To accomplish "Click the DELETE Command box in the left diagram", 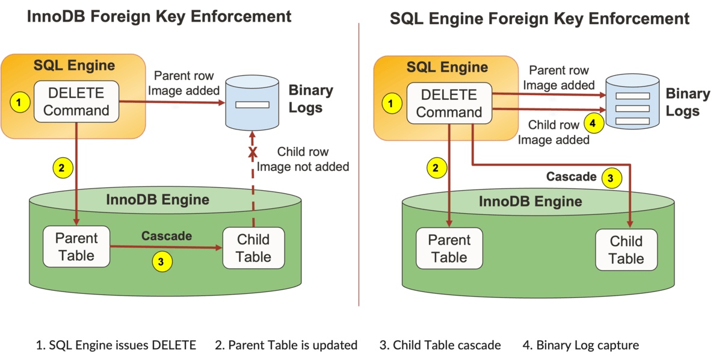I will pyautogui.click(x=76, y=102).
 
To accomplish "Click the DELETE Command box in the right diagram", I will pyautogui.click(x=449, y=104).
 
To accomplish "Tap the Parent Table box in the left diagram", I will pyautogui.click(x=76, y=246).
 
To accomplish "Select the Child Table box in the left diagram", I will pyautogui.click(x=253, y=248).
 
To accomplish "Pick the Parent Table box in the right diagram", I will pyautogui.click(x=449, y=248).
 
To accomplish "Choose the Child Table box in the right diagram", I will pyautogui.click(x=626, y=250).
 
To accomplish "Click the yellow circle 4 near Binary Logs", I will pyautogui.click(x=593, y=123).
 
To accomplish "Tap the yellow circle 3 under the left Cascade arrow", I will pyautogui.click(x=160, y=261).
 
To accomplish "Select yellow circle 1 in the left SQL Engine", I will pyautogui.click(x=20, y=103).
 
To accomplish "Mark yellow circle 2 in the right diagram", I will pyautogui.click(x=435, y=169).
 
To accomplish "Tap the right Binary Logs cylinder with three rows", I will pyautogui.click(x=632, y=102).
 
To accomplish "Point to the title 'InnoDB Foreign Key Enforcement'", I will pyautogui.click(x=159, y=16).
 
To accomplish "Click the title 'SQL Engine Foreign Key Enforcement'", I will pyautogui.click(x=540, y=18).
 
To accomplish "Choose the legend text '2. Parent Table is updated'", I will pyautogui.click(x=286, y=345).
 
